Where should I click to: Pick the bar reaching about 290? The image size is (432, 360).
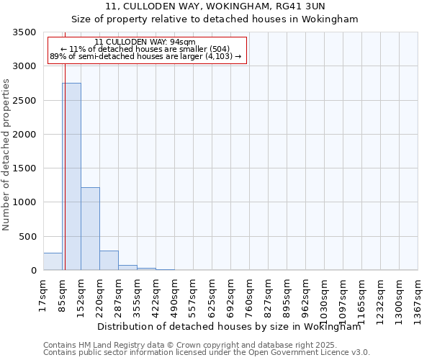tap(109, 261)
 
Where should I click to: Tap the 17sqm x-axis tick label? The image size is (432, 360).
tap(44, 295)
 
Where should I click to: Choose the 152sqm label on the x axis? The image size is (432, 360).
tap(81, 297)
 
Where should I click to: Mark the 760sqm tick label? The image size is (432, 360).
tap(250, 297)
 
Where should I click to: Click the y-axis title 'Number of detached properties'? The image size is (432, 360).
tap(7, 155)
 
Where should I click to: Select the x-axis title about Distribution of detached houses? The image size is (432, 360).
tap(229, 326)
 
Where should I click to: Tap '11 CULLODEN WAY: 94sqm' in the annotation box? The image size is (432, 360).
tap(145, 42)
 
